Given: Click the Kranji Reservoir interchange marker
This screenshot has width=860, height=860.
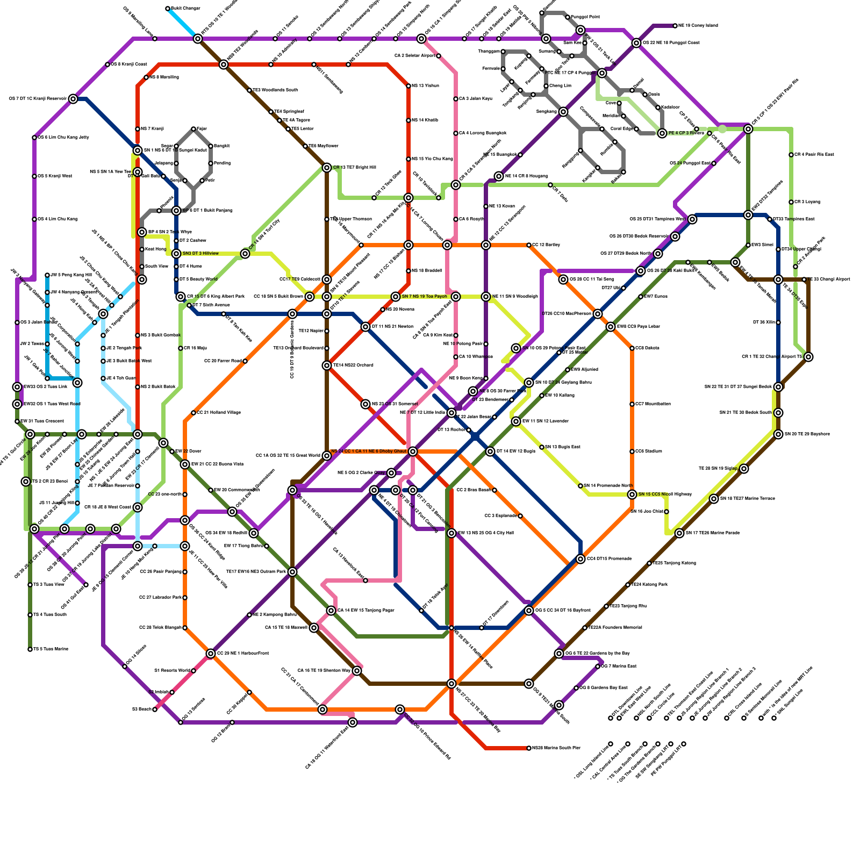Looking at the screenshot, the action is pyautogui.click(x=73, y=99).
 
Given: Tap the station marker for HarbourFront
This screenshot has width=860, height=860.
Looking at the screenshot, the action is pyautogui.click(x=211, y=654).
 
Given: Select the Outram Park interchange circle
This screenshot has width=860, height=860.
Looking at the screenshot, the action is pyautogui.click(x=292, y=572).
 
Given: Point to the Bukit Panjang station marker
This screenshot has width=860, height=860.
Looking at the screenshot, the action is pyautogui.click(x=176, y=211).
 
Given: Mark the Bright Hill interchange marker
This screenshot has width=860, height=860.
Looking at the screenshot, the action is pyautogui.click(x=327, y=168).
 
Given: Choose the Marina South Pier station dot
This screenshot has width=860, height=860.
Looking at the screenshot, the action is pyautogui.click(x=529, y=748).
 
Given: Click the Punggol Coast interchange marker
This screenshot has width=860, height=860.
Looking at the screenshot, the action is pyautogui.click(x=636, y=43).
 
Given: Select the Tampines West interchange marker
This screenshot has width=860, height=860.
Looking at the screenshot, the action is pyautogui.click(x=692, y=219).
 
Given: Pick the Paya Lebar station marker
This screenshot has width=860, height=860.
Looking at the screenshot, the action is pyautogui.click(x=611, y=327).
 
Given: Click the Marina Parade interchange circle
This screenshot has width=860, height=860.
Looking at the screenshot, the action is pyautogui.click(x=679, y=533).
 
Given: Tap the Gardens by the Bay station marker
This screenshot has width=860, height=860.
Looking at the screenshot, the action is pyautogui.click(x=559, y=654).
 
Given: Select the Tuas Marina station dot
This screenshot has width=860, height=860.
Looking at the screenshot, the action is pyautogui.click(x=30, y=649).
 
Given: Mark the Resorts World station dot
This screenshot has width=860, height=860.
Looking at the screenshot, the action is pyautogui.click(x=193, y=671).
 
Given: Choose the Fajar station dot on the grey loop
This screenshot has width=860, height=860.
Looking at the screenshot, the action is pyautogui.click(x=193, y=129).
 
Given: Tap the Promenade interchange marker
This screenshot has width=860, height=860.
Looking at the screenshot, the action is pyautogui.click(x=580, y=559).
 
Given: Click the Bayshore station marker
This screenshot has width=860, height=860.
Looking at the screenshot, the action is pyautogui.click(x=778, y=434).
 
